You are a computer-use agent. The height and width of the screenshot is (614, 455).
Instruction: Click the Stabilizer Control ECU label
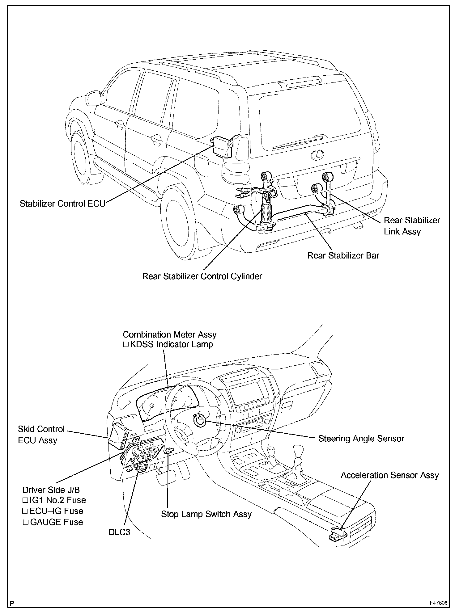[62, 204]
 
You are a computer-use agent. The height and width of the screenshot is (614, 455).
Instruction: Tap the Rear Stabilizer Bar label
[343, 255]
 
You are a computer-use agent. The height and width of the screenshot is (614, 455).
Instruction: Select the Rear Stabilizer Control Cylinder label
[202, 276]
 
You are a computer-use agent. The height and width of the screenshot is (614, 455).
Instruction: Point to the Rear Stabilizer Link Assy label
[411, 226]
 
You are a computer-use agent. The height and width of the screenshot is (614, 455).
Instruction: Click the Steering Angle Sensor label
[361, 439]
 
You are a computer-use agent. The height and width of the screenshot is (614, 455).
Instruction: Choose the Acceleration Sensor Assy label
[389, 475]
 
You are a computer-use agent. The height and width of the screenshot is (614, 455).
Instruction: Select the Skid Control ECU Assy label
[41, 435]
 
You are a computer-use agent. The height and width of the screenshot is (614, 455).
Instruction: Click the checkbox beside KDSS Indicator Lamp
[125, 344]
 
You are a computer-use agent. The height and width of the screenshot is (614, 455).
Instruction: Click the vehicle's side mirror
[93, 98]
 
